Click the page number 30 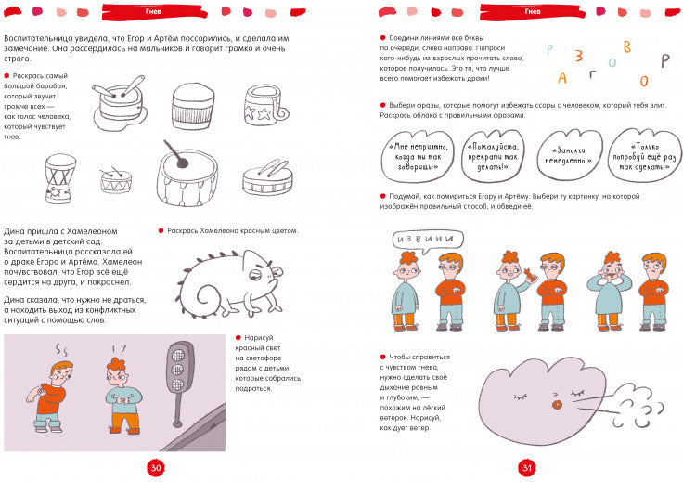point(156,468)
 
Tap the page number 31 point(527,468)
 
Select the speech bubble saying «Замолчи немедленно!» point(570,156)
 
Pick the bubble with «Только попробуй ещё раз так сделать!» point(645,156)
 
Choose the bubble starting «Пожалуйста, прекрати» point(493,156)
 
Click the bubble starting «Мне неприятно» point(418,156)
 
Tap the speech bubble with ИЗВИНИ point(427,241)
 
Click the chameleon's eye point(255,275)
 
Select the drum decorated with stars point(265,105)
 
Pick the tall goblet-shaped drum point(60,178)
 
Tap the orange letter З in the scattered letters point(578,56)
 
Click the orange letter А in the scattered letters point(562,78)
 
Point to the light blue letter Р point(549,49)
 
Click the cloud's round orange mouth point(557,405)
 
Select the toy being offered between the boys point(529,276)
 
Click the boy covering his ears point(610,291)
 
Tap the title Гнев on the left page point(153,11)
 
